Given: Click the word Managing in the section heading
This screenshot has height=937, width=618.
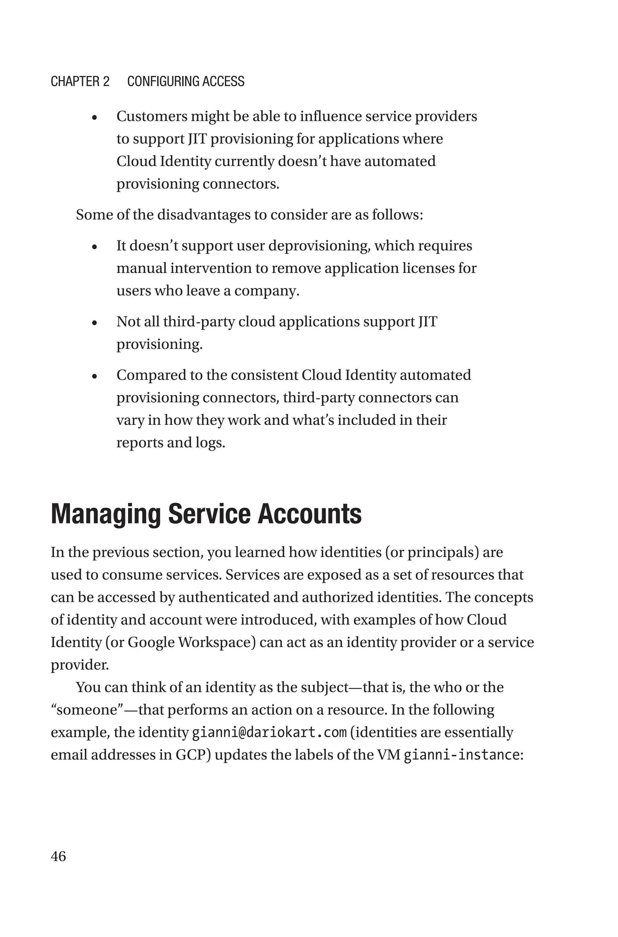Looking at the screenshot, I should (x=106, y=515).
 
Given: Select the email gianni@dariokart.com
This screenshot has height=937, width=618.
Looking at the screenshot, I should (x=269, y=732).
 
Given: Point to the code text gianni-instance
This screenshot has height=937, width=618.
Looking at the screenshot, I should (x=461, y=755).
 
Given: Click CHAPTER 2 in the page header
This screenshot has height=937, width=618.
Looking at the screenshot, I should (x=80, y=81).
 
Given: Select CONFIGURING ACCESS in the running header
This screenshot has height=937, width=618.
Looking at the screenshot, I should (x=186, y=81).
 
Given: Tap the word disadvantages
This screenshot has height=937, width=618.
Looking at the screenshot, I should (x=211, y=215).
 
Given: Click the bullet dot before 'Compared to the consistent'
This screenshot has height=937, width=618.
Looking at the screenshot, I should (x=94, y=376).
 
